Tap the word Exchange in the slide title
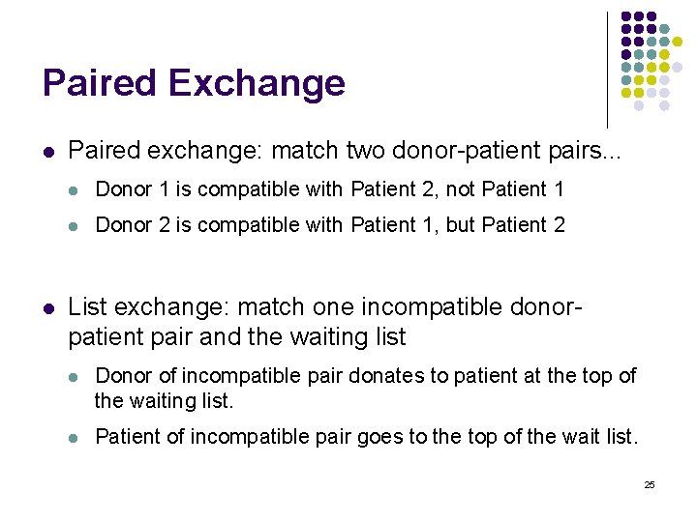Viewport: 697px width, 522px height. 257,83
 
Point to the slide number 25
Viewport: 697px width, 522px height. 650,484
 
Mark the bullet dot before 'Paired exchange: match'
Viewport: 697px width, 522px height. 48,152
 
